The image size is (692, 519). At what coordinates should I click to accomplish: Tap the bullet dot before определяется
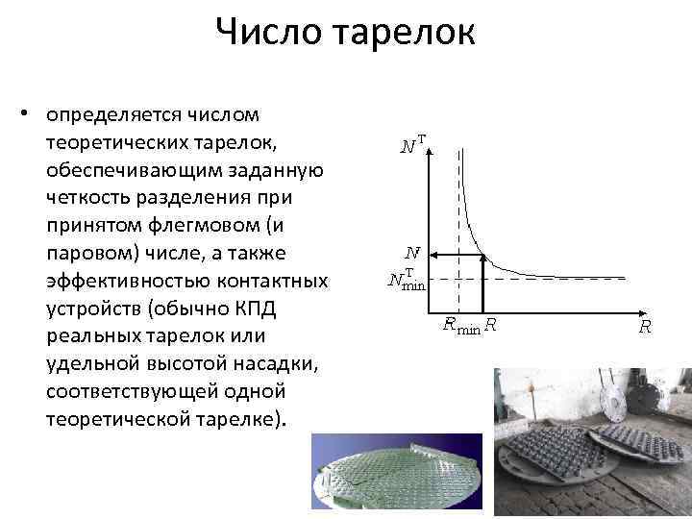[33, 115]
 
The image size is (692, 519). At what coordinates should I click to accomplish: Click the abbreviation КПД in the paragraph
[287, 309]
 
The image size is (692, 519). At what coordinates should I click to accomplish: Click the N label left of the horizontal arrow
[411, 254]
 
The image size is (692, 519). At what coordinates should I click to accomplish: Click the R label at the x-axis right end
[645, 327]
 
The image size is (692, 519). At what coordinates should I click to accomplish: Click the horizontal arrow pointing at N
[456, 255]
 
